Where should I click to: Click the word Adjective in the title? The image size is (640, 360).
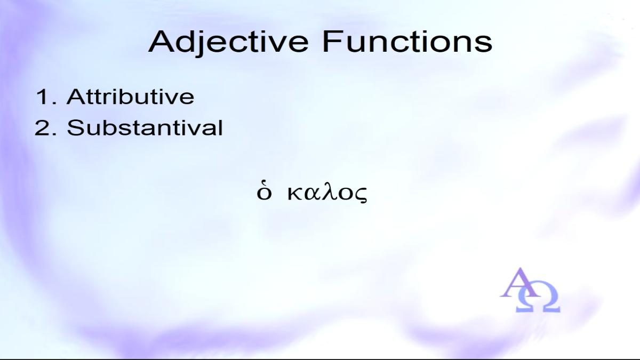pos(228,43)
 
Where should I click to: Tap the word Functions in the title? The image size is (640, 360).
pos(407,42)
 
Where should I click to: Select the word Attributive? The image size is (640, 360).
pos(131,97)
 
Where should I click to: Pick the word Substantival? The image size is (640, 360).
pos(145,127)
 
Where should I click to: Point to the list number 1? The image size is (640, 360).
pos(42,97)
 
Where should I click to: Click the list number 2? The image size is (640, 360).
pos(42,127)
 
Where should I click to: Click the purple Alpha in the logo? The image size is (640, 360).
pos(519,283)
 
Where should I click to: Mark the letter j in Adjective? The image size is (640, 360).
pos(202,44)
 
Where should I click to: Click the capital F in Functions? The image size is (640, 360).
pos(332,42)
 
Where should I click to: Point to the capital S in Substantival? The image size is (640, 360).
pos(75,127)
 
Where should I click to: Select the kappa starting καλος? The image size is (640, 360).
pos(294,194)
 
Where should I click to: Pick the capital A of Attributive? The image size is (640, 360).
pos(76,97)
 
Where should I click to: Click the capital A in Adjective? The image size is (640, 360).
pos(162,42)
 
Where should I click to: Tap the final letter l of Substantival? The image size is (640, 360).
pos(221,127)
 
